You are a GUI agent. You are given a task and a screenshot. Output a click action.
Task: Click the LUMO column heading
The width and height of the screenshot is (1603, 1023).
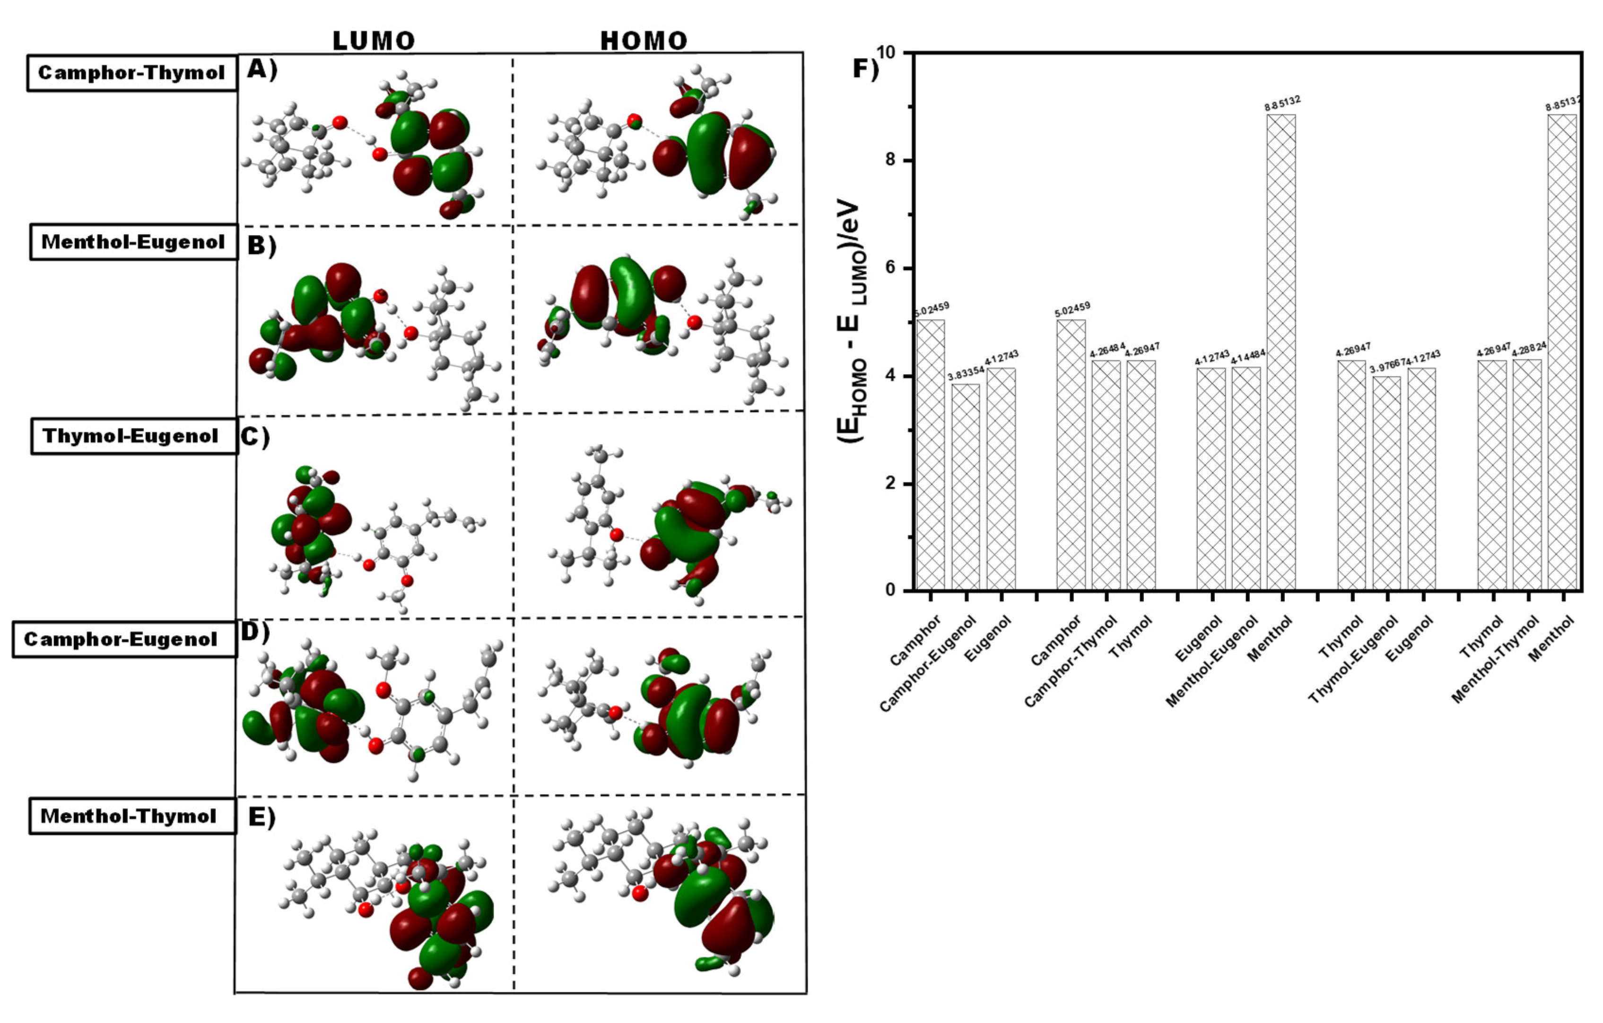(x=374, y=41)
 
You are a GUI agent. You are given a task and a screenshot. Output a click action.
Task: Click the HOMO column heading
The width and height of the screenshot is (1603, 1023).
(x=643, y=41)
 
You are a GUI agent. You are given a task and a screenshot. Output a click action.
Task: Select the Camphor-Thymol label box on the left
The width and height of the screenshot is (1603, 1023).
(x=132, y=72)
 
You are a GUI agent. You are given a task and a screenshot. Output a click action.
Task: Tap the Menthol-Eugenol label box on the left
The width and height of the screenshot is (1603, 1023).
(x=133, y=242)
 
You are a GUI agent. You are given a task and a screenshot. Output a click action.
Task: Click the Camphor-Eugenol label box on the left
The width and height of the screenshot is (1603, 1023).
(x=124, y=639)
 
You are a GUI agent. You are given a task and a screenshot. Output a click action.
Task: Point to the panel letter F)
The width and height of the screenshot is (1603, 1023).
(x=865, y=69)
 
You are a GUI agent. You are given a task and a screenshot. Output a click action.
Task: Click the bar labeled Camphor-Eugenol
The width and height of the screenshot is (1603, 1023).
(x=965, y=486)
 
